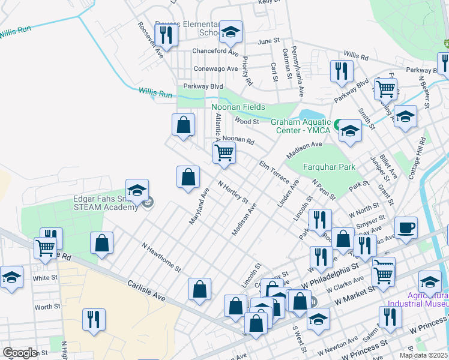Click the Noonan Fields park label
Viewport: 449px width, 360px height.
click(238, 107)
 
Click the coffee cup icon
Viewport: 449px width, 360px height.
click(406, 228)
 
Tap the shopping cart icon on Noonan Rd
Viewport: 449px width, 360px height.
click(224, 153)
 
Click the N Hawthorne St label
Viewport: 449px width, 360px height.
click(161, 257)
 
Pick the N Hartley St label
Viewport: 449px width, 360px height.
click(233, 192)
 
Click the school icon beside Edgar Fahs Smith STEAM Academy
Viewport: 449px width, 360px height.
click(137, 190)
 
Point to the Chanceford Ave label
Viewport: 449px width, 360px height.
click(215, 51)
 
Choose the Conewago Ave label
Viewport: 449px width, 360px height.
click(215, 68)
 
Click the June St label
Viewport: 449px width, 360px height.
click(268, 41)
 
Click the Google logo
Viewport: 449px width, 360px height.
click(20, 353)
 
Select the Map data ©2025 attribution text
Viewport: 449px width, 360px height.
click(423, 355)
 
